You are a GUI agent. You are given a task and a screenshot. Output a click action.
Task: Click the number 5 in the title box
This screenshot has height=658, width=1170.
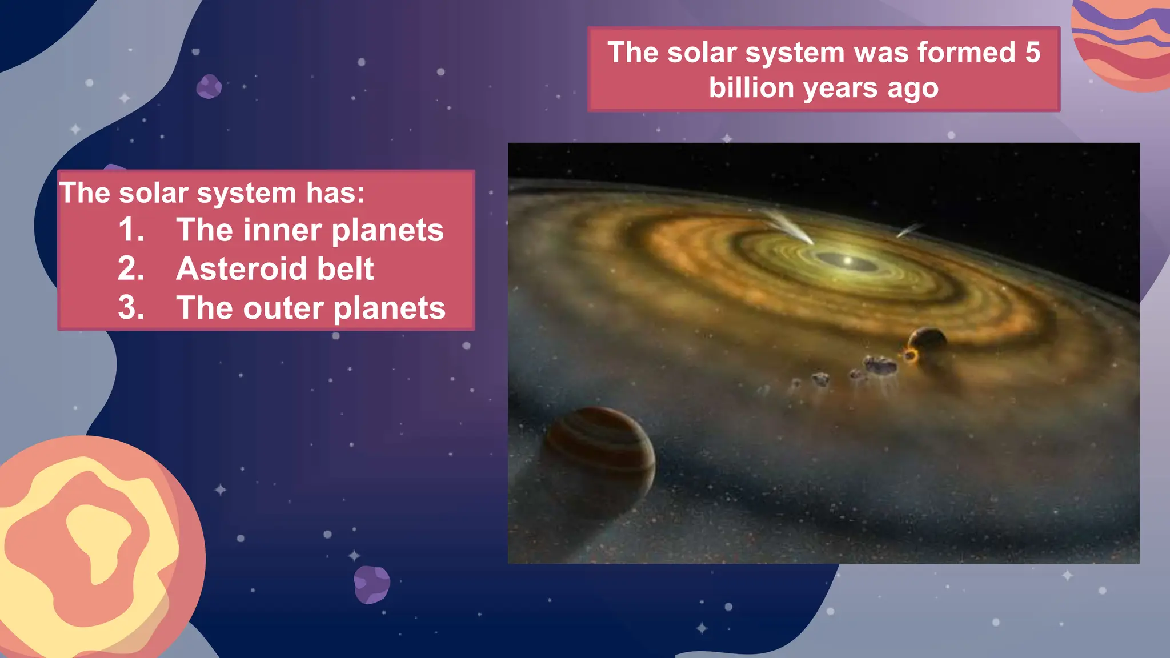(1032, 53)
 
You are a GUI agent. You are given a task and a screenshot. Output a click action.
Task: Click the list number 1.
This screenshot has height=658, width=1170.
(131, 230)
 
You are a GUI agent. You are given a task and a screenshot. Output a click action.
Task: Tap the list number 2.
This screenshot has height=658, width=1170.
(131, 268)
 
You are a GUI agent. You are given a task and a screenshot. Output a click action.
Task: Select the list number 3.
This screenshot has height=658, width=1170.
(131, 308)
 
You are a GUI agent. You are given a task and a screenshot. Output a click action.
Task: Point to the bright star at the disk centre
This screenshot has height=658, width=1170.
(848, 262)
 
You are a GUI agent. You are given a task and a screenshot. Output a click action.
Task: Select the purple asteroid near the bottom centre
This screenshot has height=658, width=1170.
(372, 584)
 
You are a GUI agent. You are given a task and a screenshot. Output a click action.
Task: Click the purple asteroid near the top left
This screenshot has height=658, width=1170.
(209, 87)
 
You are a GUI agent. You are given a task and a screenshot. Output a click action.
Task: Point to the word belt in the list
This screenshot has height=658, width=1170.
(346, 268)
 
